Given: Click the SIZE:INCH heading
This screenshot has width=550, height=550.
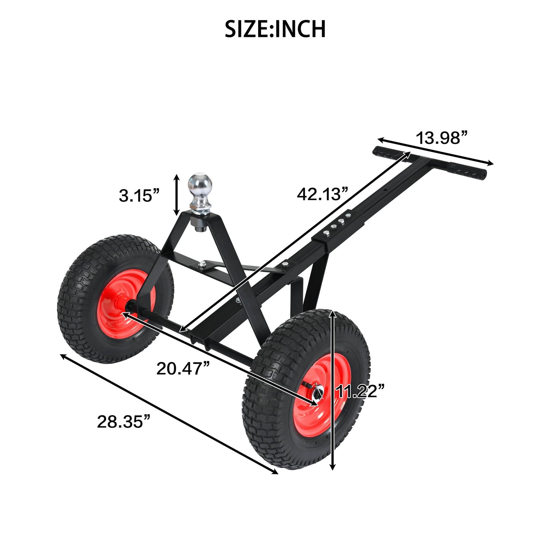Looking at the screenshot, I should (275, 29).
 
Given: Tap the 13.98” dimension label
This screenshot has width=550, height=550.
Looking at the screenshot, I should (441, 138).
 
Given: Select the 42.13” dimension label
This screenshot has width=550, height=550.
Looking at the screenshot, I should (322, 194).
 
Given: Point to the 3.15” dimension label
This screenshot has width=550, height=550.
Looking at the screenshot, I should (139, 196).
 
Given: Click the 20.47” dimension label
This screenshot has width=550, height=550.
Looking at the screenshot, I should (183, 368).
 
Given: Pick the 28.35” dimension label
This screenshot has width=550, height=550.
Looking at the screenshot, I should (124, 421).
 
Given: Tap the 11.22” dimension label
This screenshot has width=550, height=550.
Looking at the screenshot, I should (360, 391).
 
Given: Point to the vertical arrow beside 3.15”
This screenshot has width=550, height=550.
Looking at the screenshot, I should (176, 195).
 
